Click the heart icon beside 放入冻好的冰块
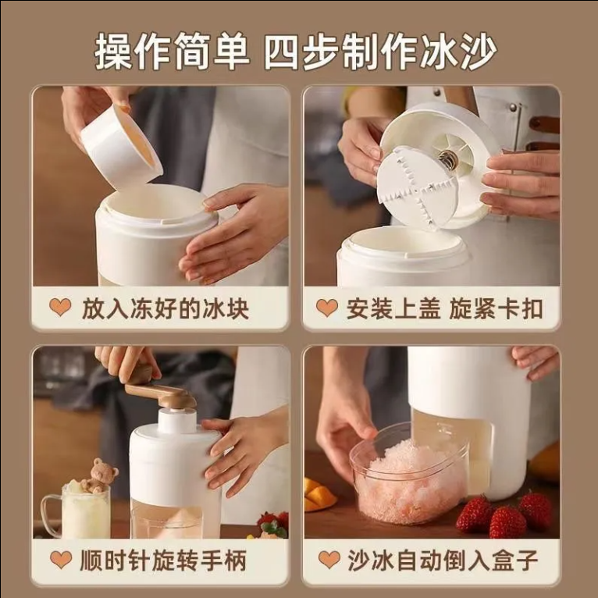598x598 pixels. click(x=60, y=308)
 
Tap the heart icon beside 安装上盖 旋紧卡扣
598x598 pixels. click(x=327, y=308)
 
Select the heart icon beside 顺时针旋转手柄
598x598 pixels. click(x=61, y=560)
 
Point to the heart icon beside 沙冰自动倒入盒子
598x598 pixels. click(x=329, y=560)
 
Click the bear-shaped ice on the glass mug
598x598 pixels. click(x=99, y=475)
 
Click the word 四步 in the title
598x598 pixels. click(x=302, y=51)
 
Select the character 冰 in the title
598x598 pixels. click(x=438, y=51)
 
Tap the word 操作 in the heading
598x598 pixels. click(x=133, y=51)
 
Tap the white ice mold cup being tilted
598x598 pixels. click(x=122, y=147)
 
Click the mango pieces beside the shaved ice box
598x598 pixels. click(x=319, y=495)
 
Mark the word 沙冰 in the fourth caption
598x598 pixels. click(x=365, y=561)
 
